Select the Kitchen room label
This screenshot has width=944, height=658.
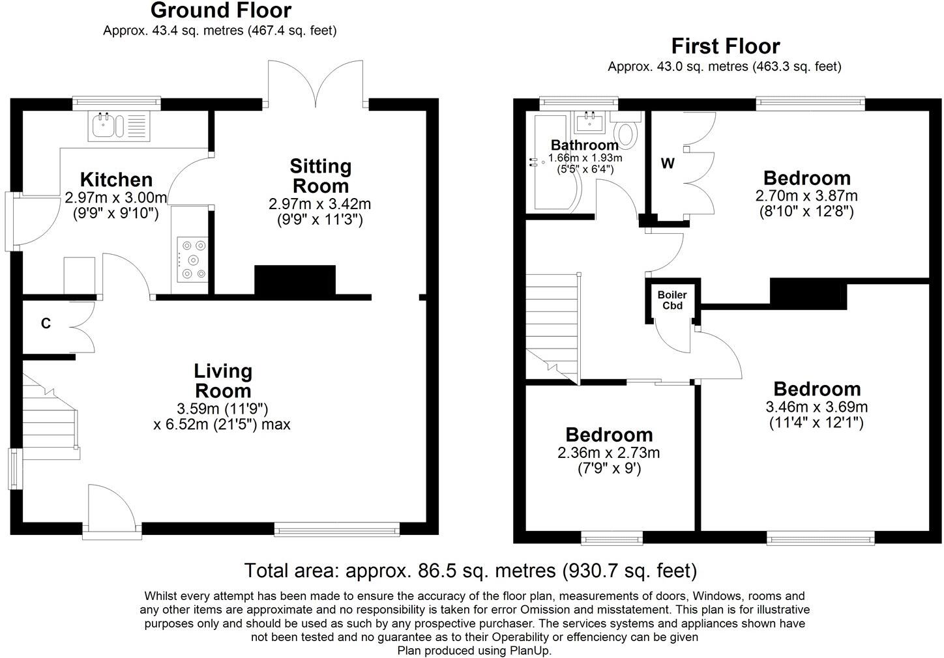click(116, 180)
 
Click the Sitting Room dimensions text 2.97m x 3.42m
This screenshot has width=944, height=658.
click(319, 204)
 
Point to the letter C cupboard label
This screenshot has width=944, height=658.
click(46, 323)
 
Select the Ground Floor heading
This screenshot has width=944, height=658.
click(220, 10)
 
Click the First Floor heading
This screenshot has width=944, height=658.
click(725, 46)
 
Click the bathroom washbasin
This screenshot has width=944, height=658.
click(591, 121)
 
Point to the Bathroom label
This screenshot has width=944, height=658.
click(584, 145)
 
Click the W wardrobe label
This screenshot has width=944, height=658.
click(667, 164)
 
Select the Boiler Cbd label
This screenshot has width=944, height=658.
click(671, 300)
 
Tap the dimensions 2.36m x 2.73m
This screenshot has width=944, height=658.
click(608, 453)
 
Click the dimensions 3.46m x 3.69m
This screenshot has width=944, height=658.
click(816, 407)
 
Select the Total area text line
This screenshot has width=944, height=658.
click(471, 571)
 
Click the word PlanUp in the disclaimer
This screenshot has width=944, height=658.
click(532, 650)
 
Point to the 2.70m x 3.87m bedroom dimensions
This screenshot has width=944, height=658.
click(806, 196)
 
